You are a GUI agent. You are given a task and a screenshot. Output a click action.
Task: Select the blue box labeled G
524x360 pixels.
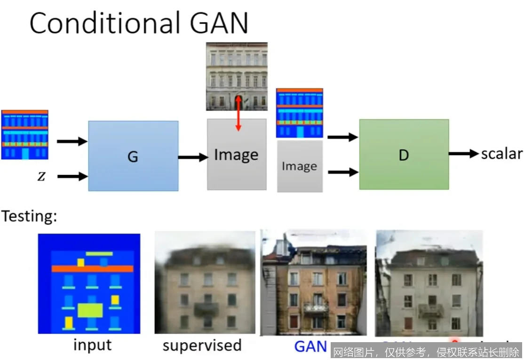tap(133, 156)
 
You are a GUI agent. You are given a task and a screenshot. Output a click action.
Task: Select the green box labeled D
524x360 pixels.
tap(404, 155)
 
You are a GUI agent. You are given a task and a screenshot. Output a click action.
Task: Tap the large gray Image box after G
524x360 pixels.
tap(237, 155)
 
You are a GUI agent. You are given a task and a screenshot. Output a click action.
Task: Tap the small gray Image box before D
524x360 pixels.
tap(300, 166)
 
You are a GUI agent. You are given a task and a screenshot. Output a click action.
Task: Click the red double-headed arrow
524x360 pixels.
tap(238, 113)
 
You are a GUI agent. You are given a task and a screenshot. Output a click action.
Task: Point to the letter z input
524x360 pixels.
tap(41, 177)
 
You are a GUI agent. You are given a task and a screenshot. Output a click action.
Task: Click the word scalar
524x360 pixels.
tap(501, 154)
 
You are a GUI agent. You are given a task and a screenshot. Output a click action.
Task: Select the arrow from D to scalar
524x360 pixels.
tap(463, 154)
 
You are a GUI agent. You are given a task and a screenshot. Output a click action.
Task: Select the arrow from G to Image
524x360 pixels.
tap(192, 157)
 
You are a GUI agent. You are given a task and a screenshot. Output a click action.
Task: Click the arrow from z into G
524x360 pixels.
tap(72, 177)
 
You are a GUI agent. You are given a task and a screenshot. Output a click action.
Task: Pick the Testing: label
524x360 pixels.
tap(29, 216)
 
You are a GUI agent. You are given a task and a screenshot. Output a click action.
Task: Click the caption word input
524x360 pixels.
tap(93, 345)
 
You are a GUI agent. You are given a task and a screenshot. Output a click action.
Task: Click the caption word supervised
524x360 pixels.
tap(202, 345)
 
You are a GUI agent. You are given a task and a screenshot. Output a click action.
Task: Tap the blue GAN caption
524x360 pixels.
tap(310, 346)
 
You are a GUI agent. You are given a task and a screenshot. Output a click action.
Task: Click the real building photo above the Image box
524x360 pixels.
tap(237, 76)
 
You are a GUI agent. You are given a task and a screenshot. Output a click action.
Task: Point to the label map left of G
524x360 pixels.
tap(24, 135)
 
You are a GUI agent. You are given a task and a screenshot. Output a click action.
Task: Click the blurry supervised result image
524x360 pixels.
tap(205, 282)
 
